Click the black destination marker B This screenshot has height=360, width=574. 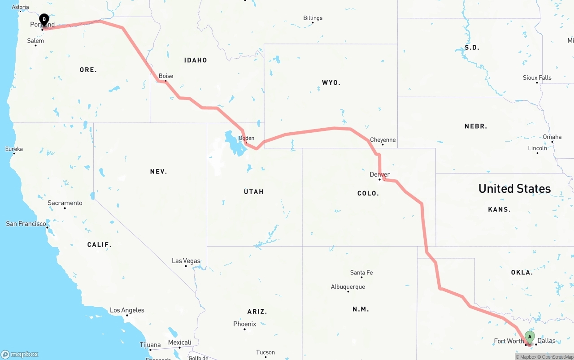click(x=44, y=20)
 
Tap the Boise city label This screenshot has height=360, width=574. click(x=166, y=76)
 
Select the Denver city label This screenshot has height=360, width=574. click(x=379, y=174)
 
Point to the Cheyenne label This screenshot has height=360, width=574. click(x=383, y=140)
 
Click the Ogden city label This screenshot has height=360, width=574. click(x=246, y=138)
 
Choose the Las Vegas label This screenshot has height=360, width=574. click(x=186, y=261)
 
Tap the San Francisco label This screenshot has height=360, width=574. click(x=26, y=223)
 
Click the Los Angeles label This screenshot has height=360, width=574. click(x=127, y=310)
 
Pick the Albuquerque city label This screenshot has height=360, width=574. click(x=348, y=286)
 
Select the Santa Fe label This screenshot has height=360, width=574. click(x=361, y=273)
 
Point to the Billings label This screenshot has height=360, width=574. click(x=313, y=18)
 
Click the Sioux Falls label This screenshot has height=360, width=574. click(x=537, y=78)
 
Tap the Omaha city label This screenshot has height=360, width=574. click(x=552, y=137)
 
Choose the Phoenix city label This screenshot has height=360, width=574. click(x=244, y=324)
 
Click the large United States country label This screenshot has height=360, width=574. click(x=514, y=188)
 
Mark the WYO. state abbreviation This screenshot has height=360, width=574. click(x=331, y=82)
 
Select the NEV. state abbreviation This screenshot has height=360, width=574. click(x=158, y=171)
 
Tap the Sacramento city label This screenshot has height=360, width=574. click(x=65, y=203)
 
